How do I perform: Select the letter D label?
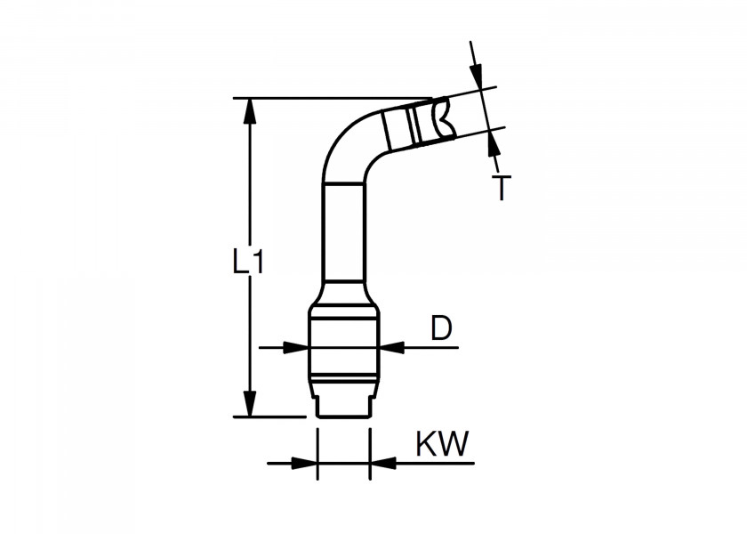tap(442, 328)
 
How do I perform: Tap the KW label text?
tap(442, 444)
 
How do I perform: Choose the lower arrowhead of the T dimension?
tap(494, 142)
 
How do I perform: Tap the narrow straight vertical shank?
tap(343, 231)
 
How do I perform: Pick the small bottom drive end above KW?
tap(343, 403)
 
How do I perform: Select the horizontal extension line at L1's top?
tap(338, 98)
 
